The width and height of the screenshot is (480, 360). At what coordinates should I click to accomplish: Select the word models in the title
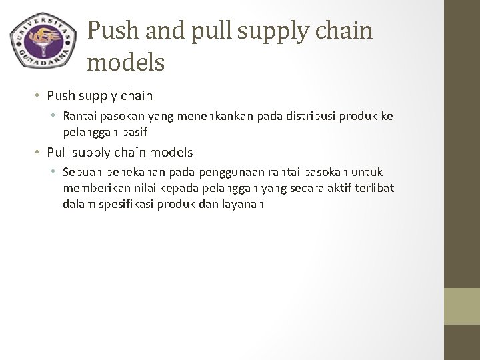[x=125, y=63]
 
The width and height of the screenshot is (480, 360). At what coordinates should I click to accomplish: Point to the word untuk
[x=367, y=172]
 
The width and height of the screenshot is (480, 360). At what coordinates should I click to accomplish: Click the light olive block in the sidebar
[x=461, y=307]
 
